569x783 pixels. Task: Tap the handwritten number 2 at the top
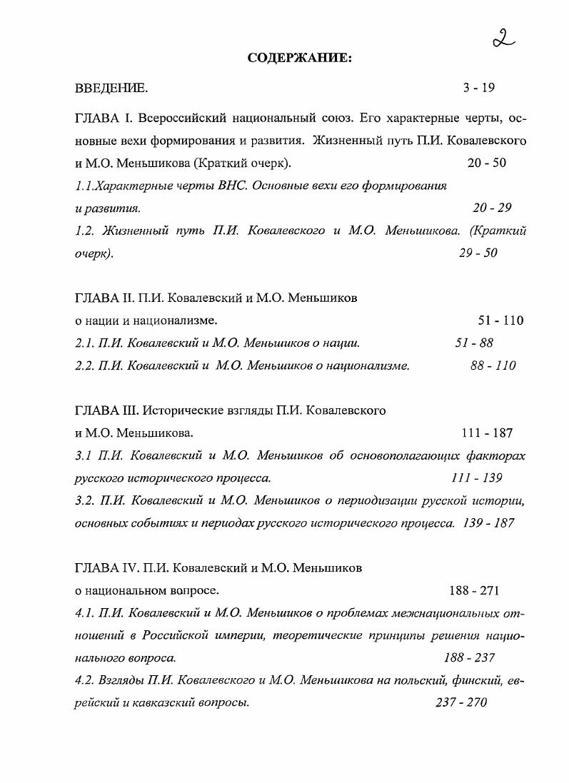503,36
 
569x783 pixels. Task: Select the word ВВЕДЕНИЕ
111,89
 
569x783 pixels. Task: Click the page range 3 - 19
478,89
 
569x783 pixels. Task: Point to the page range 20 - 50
487,163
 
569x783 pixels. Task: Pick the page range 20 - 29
492,208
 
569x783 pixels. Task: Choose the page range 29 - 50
478,253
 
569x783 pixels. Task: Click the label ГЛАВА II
103,298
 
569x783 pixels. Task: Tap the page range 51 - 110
500,320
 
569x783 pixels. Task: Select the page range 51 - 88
474,343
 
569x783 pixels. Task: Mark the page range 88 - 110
493,365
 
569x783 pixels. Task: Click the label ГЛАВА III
106,410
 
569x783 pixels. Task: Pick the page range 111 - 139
476,478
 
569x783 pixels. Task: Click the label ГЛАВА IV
106,568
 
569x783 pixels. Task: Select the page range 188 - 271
474,590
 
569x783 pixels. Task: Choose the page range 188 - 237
469,657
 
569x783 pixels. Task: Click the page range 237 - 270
460,702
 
